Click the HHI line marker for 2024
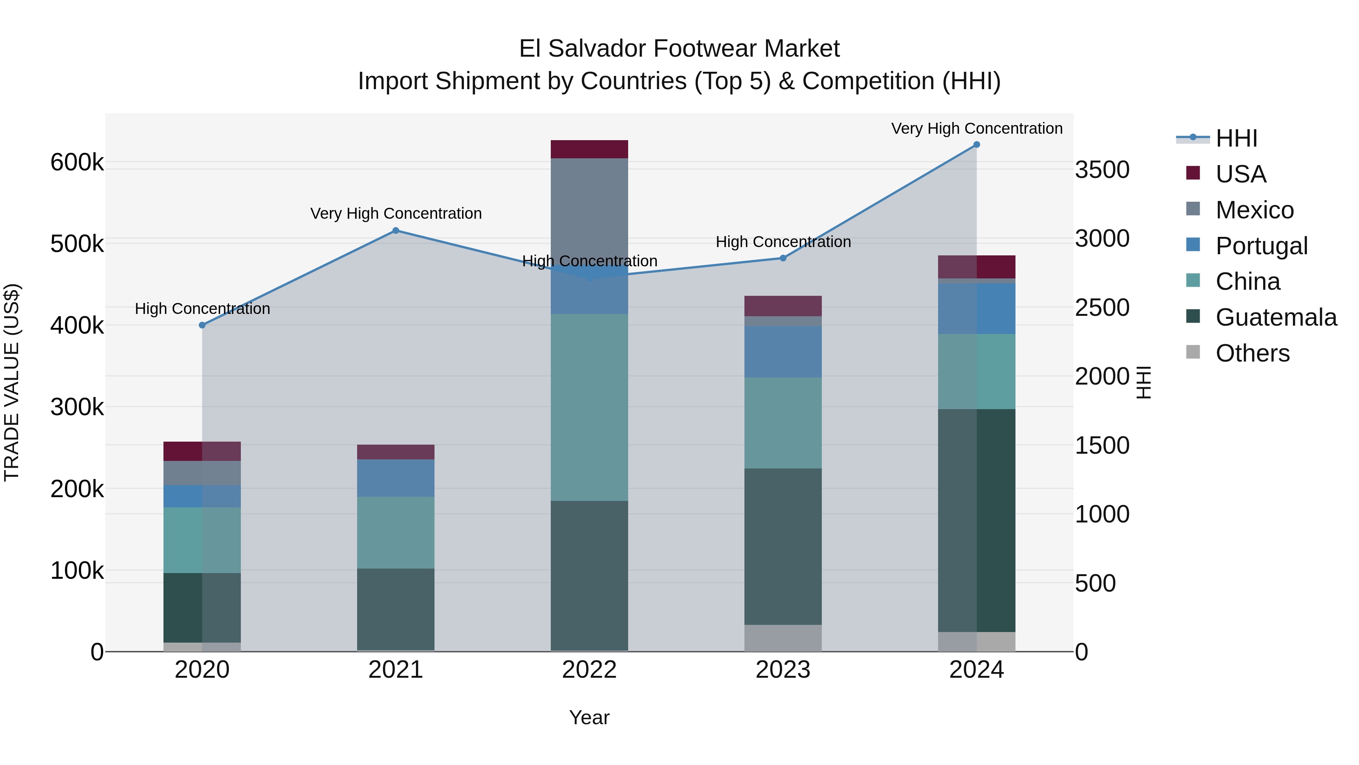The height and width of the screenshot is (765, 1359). pos(977,145)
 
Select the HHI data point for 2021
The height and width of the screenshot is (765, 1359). pos(396,231)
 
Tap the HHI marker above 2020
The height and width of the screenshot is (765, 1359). pos(202,325)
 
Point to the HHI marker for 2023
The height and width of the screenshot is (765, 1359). pos(783,258)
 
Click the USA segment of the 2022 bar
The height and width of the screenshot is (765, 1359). pos(589,149)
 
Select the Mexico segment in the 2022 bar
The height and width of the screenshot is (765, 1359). pos(589,211)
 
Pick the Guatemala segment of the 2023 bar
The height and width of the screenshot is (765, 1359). pos(783,546)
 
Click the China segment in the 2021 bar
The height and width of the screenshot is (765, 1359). pos(396,532)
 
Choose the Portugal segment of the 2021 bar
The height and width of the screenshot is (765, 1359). pos(396,478)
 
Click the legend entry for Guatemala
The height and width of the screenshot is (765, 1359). pos(1276,317)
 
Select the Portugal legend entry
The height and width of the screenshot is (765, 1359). pos(1261,246)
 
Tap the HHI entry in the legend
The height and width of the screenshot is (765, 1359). pos(1236,138)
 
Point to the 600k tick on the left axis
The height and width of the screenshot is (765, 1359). pos(77,162)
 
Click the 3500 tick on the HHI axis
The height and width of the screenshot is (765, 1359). pos(1102,170)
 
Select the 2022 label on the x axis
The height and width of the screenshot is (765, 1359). pos(589,670)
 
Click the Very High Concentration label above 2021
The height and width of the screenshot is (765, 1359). pos(396,213)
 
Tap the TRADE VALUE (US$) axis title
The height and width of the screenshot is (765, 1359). pos(12,382)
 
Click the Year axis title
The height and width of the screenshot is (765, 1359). pos(589,717)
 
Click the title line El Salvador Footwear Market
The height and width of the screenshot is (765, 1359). pos(679,49)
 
